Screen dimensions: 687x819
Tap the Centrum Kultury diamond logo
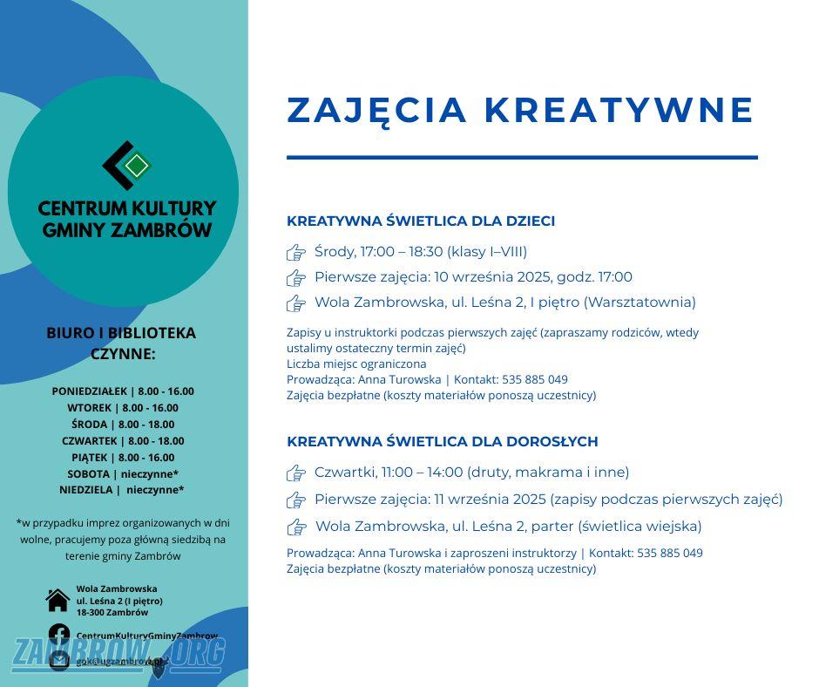(127, 165)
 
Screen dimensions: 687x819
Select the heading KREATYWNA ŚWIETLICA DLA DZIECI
(421, 221)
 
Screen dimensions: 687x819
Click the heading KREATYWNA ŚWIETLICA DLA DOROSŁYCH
(443, 441)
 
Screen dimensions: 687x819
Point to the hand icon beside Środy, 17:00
(296, 253)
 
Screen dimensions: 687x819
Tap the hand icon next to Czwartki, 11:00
(296, 473)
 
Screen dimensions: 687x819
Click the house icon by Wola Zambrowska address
(58, 600)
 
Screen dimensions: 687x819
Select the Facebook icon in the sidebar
(58, 635)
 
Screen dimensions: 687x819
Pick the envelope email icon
(58, 660)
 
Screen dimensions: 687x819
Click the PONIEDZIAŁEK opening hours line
(123, 391)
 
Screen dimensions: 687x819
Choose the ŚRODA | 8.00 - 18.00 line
(123, 425)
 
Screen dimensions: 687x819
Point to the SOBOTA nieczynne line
(123, 474)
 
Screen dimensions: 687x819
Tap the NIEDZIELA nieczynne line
(122, 490)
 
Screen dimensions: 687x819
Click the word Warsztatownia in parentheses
(640, 303)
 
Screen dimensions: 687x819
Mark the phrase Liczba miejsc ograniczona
(356, 364)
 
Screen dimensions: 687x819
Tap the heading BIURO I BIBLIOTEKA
(121, 333)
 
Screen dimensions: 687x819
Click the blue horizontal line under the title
(522, 158)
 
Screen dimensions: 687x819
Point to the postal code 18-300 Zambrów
(112, 612)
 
